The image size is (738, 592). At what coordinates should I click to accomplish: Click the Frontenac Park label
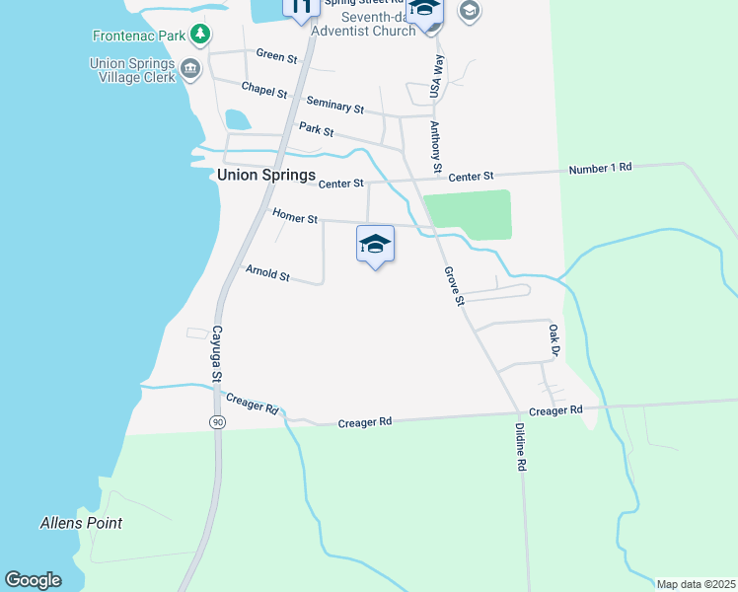(139, 36)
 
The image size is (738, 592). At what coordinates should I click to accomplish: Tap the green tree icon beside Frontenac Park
(200, 35)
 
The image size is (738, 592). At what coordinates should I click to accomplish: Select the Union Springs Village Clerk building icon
(189, 69)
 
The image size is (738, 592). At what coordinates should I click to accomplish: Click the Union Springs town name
(266, 176)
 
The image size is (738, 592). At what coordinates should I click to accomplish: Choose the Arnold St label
(267, 272)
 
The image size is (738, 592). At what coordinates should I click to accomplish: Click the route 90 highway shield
(215, 421)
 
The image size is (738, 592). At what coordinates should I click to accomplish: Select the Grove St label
(454, 286)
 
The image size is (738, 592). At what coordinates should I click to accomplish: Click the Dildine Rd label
(521, 447)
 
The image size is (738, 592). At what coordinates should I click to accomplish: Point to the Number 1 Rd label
(600, 169)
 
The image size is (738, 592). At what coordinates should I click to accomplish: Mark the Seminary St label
(334, 105)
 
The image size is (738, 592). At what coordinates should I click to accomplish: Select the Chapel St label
(264, 90)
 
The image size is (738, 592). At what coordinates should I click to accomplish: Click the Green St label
(276, 56)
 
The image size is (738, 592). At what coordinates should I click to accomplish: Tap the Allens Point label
(81, 523)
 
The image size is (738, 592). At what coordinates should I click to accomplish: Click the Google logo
(34, 580)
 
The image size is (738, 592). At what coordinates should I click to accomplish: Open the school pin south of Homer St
(375, 244)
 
